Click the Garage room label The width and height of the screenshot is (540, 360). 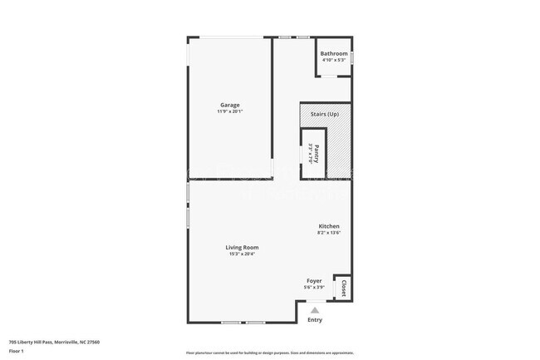[x=230, y=105]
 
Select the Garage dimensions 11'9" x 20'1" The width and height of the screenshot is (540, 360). [x=230, y=111]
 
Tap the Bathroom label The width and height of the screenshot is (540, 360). [x=334, y=54]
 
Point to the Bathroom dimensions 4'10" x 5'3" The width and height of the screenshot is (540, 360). [x=334, y=60]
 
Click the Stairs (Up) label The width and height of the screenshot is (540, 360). [x=324, y=114]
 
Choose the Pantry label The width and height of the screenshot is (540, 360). [x=317, y=153]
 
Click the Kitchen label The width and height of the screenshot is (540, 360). [x=329, y=226]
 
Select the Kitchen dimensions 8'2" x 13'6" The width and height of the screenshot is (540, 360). [x=329, y=233]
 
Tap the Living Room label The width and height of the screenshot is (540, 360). [x=243, y=247]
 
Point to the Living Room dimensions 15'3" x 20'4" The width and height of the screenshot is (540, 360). [x=243, y=254]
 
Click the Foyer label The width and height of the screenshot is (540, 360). [x=314, y=281]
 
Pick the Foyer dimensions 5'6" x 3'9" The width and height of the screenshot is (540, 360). [x=314, y=288]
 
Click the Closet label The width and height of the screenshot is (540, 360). [x=342, y=287]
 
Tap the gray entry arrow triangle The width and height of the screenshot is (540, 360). [x=314, y=309]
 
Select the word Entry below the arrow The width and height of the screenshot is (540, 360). [x=315, y=320]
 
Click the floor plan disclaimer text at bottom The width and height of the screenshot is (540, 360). [x=269, y=353]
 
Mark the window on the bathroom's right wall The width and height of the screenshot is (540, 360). [x=352, y=57]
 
